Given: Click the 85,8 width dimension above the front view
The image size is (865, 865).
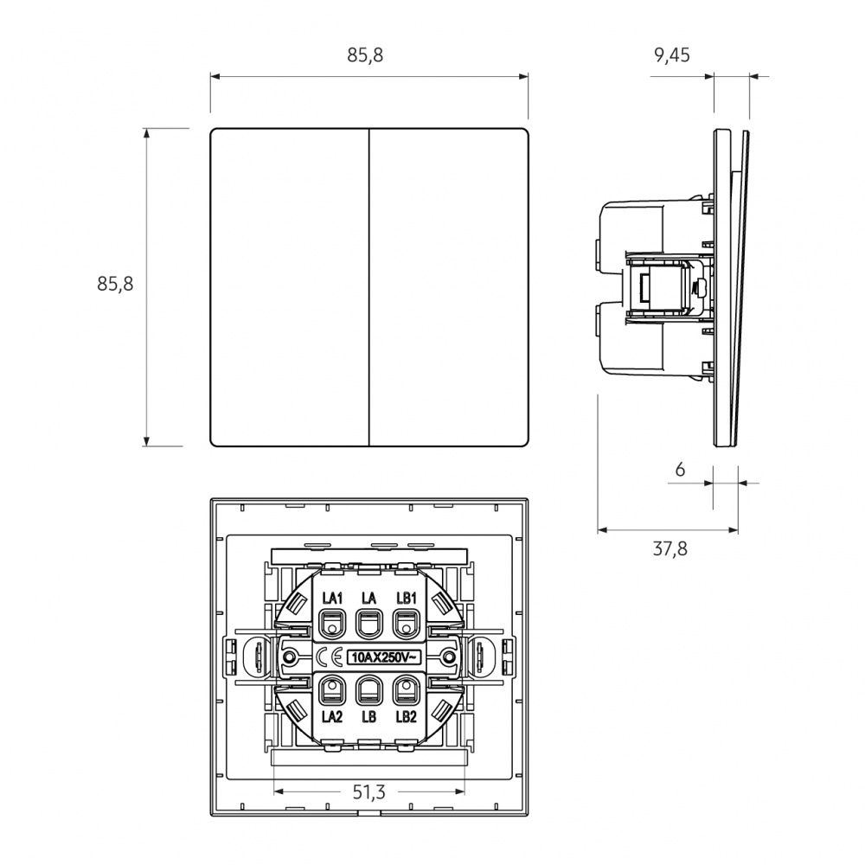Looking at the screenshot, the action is pyautogui.click(x=365, y=55).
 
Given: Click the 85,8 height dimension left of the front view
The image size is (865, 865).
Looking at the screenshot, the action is pyautogui.click(x=115, y=284).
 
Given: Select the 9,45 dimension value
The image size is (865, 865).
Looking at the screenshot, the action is pyautogui.click(x=672, y=55).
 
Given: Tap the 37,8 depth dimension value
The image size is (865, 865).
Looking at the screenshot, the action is pyautogui.click(x=670, y=549).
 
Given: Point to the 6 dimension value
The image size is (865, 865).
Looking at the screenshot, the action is pyautogui.click(x=680, y=470).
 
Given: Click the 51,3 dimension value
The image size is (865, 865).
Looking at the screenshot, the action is pyautogui.click(x=369, y=792).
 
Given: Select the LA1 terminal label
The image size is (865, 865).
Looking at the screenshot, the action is pyautogui.click(x=332, y=598).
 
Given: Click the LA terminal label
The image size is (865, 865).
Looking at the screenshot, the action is pyautogui.click(x=369, y=598).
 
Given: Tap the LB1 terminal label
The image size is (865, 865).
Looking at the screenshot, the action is pyautogui.click(x=406, y=598).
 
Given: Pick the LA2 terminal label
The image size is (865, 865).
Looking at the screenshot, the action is pyautogui.click(x=332, y=716).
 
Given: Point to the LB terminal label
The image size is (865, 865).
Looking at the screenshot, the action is pyautogui.click(x=369, y=716).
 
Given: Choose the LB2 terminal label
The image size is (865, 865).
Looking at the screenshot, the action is pyautogui.click(x=406, y=716).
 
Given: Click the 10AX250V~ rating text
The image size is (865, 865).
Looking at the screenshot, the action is pyautogui.click(x=385, y=657).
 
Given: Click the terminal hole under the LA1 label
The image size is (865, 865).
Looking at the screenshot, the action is pyautogui.click(x=332, y=625).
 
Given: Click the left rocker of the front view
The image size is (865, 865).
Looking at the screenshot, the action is pyautogui.click(x=290, y=287).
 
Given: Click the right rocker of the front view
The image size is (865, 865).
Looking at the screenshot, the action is pyautogui.click(x=448, y=287).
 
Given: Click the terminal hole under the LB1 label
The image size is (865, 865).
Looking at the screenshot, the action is pyautogui.click(x=406, y=625).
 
